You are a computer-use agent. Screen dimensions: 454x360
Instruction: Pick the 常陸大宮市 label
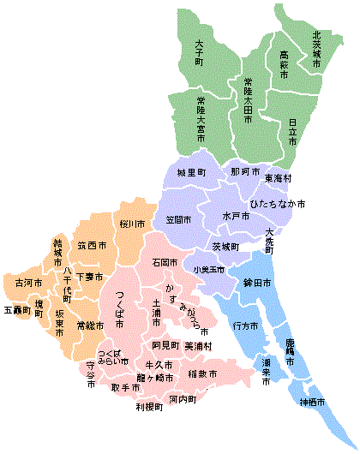pos(201,118)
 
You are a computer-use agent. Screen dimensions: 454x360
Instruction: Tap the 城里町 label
pos(192,173)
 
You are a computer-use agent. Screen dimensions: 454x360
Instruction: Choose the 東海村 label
pos(278,178)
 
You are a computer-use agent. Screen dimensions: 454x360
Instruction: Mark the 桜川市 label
pos(133,224)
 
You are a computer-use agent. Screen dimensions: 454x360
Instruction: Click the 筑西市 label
pos(91,246)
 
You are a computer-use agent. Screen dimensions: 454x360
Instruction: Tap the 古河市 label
pos(24,281)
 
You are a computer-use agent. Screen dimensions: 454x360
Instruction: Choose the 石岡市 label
pos(165,261)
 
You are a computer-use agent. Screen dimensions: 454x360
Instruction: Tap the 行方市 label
pos(245,326)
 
